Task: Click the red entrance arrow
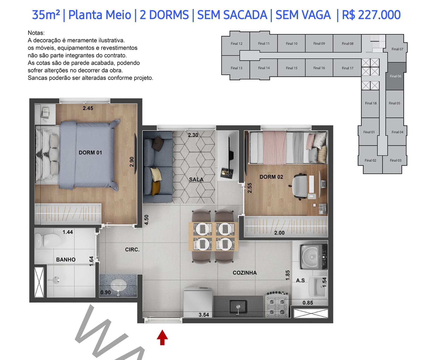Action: point(162,337)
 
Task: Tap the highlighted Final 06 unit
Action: point(396,76)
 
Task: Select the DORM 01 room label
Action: point(90,153)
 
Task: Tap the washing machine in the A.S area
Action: point(313,256)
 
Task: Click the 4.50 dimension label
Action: point(146,220)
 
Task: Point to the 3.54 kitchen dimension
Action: point(204,315)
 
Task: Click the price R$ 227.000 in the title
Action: point(371,15)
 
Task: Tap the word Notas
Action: point(36,33)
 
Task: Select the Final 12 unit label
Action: point(236,44)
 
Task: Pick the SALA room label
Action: point(196,179)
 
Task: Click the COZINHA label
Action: point(245,273)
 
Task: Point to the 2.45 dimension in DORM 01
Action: point(88,108)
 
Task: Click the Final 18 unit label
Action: point(371,103)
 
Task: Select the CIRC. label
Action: point(132,250)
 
